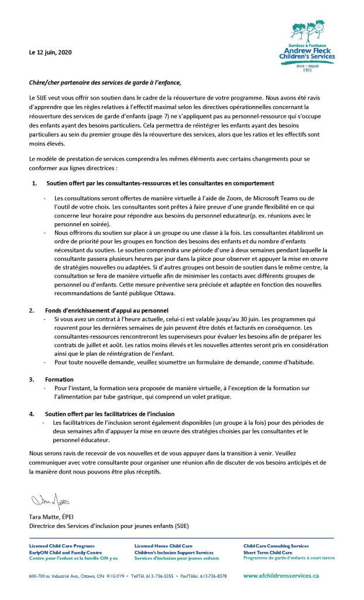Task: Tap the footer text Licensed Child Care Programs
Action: pyautogui.click(x=61, y=546)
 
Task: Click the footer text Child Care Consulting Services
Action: pyautogui.click(x=276, y=546)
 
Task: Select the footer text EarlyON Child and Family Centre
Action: pyautogui.click(x=66, y=552)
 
